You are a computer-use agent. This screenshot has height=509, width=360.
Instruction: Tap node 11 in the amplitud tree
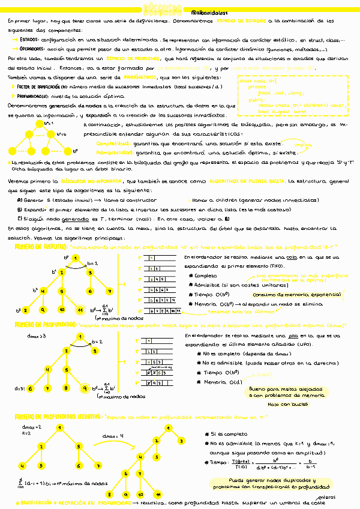[79, 310]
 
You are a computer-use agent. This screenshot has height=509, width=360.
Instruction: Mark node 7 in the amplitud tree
[109, 291]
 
